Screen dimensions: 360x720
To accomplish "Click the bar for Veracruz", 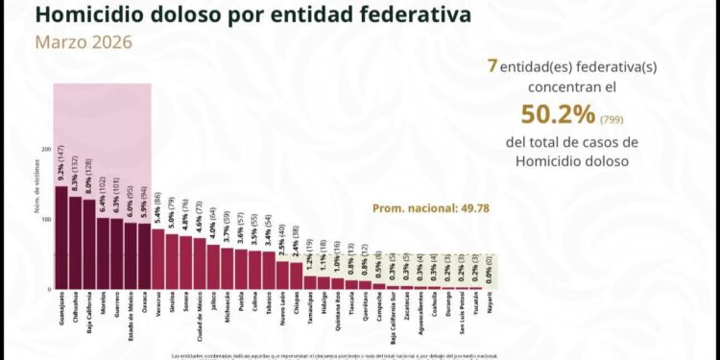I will point(158,258).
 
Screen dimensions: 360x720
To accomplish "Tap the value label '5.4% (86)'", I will point(158,205).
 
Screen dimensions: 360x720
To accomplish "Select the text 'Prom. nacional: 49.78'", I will point(424,207).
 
